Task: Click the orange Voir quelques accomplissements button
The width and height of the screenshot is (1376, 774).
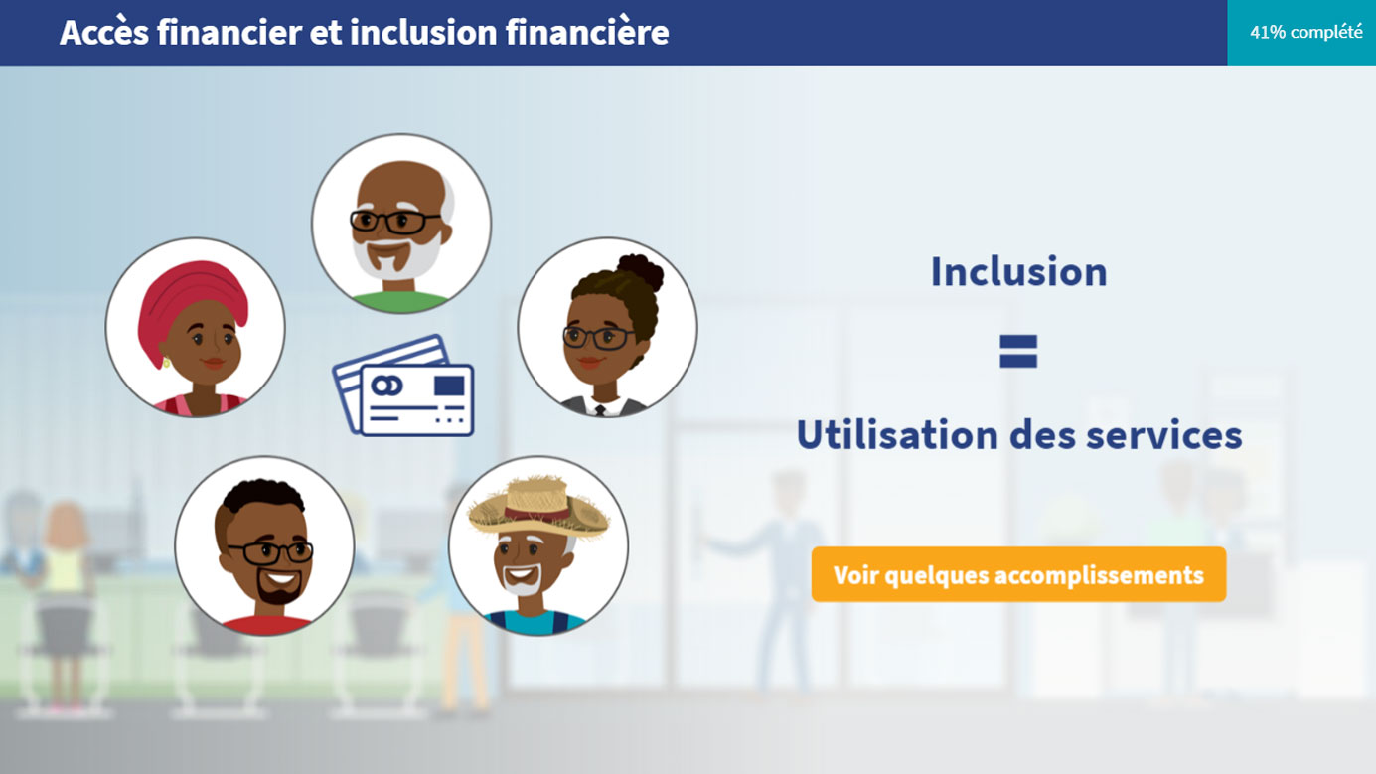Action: point(1018,574)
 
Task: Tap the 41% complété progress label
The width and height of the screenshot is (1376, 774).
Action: point(1306,32)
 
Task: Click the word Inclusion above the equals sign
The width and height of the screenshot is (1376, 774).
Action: point(1018,271)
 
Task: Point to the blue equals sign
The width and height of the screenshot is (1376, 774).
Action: point(1018,351)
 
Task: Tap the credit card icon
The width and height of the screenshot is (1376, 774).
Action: point(403,386)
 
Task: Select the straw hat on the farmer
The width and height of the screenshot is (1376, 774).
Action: point(538,506)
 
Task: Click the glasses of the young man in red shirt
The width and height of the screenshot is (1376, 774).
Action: point(270,552)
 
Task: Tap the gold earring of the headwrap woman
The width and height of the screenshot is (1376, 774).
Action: point(166,363)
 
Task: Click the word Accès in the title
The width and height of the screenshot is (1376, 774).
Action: point(103,32)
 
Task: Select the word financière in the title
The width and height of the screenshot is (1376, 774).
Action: point(587,32)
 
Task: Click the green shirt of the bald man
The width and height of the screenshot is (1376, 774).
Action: point(400,303)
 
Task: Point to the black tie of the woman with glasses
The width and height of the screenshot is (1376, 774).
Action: point(600,410)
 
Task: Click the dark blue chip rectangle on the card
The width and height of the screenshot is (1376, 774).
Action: point(449,386)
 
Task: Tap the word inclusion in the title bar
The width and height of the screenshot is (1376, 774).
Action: point(423,32)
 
